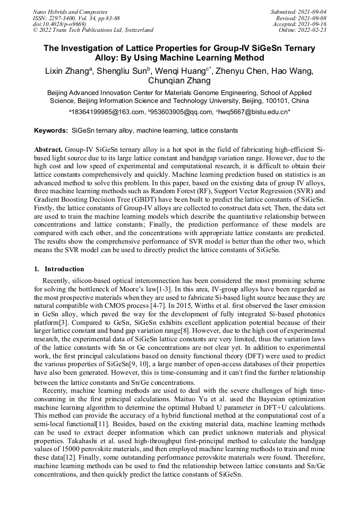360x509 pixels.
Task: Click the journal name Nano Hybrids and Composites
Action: (70, 12)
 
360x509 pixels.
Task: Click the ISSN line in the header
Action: (76, 18)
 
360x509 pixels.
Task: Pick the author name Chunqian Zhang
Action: (179, 81)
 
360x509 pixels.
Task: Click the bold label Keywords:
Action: (51, 131)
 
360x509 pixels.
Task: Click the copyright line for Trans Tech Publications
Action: (93, 30)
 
